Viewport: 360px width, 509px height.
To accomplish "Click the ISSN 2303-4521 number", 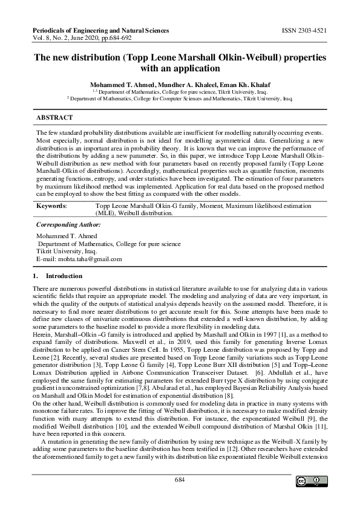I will (x=304, y=30).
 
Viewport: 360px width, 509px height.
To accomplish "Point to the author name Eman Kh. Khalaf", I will (x=243, y=84).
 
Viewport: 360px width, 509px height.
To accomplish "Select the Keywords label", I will (x=52, y=206).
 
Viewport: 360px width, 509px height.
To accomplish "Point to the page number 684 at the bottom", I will (x=179, y=479).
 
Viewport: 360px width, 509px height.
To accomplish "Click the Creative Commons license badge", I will (x=308, y=481).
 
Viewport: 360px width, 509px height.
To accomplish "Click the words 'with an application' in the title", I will (x=179, y=68).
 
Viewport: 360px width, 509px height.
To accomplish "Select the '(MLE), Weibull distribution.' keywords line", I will (x=134, y=213).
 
